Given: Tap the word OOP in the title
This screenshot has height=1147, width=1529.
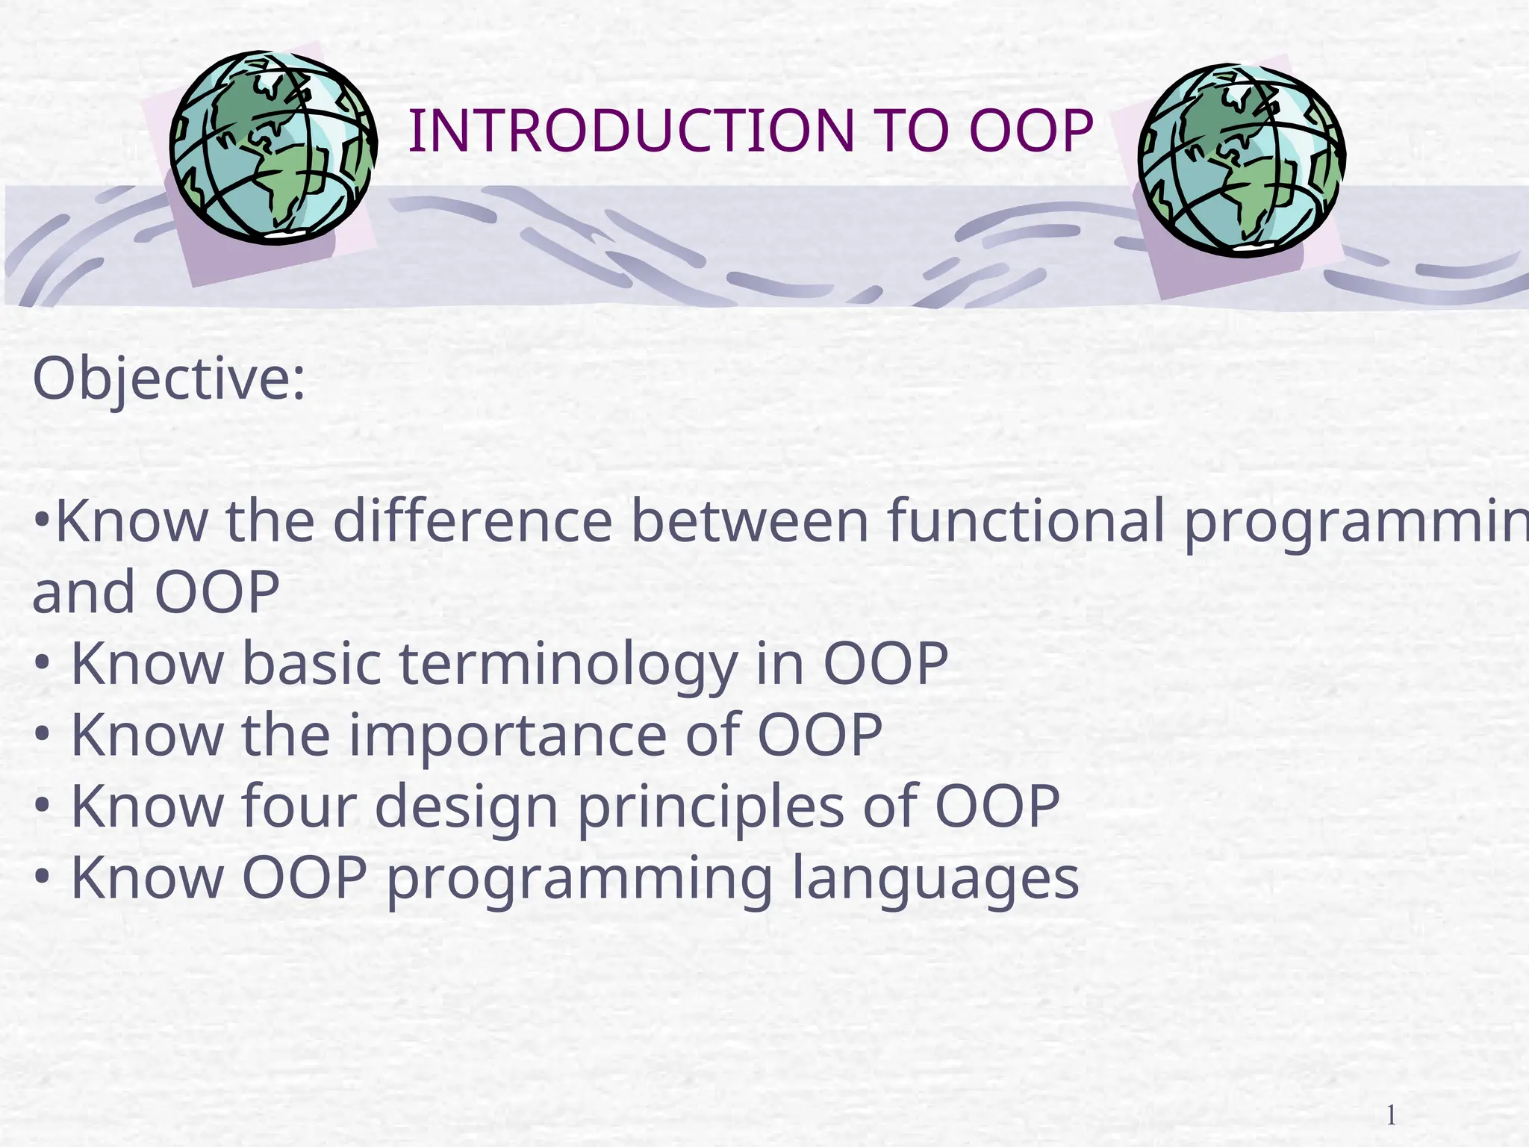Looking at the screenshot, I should tap(1031, 131).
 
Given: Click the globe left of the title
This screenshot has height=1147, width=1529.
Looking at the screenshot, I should tap(273, 147).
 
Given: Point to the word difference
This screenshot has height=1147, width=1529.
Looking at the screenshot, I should tap(473, 520).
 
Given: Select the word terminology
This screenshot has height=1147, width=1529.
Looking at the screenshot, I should tap(569, 664).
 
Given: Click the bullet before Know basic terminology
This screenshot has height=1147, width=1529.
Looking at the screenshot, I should tap(43, 664).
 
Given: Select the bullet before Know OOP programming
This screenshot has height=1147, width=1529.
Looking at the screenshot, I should tap(43, 877).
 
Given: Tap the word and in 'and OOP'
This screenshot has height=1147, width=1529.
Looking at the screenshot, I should tap(84, 592).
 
